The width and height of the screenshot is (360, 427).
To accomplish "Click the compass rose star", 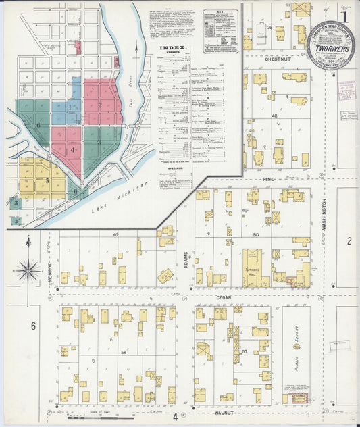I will coord(28,271).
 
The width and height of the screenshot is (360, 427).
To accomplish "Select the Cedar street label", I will coord(224,296).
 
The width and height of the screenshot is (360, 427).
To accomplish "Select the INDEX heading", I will coord(172,48).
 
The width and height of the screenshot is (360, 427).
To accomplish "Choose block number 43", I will coord(274,116).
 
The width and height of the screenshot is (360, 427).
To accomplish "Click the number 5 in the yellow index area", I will coord(47,180).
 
